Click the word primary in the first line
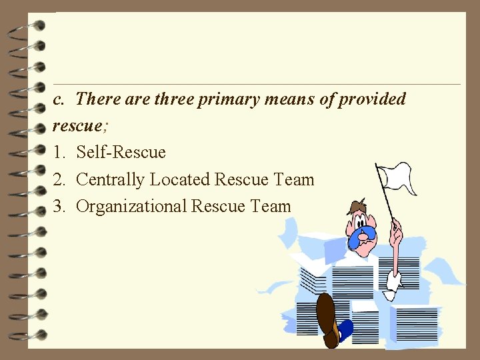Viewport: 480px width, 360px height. (x=229, y=99)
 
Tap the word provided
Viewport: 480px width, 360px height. (x=373, y=99)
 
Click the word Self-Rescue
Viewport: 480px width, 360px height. (x=121, y=152)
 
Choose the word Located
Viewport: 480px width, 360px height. (x=180, y=179)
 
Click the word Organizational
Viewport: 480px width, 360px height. (x=131, y=206)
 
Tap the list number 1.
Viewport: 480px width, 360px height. (x=59, y=152)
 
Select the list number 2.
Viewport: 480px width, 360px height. (x=59, y=179)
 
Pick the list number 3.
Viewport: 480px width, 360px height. (x=59, y=206)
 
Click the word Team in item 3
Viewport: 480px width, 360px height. (x=271, y=206)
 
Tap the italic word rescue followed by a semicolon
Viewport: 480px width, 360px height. (x=74, y=125)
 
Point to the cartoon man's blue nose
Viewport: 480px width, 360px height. (x=366, y=233)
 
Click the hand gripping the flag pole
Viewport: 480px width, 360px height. (x=397, y=235)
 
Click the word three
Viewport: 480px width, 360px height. (x=174, y=99)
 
